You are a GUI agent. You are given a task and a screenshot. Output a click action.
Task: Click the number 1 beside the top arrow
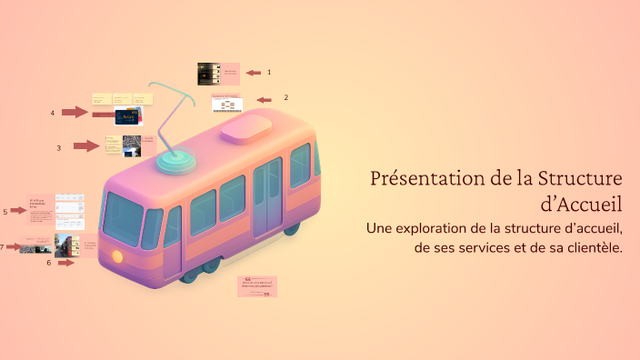point(269,72)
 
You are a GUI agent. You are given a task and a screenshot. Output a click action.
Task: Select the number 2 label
point(286,97)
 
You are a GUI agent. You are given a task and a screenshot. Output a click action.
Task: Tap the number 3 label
point(58,147)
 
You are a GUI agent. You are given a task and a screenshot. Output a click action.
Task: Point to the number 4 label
point(53,113)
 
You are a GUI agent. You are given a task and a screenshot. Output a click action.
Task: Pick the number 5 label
point(5,211)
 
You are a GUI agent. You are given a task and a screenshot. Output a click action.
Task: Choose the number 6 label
point(49,263)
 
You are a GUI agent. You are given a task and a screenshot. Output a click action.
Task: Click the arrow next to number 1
point(253,73)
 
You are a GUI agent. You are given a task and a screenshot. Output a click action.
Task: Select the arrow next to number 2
point(265,100)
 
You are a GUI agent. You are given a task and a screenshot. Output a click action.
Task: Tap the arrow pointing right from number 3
point(86,145)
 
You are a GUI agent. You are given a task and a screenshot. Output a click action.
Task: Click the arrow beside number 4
point(75,112)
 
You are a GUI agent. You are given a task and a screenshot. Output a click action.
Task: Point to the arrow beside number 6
point(66,262)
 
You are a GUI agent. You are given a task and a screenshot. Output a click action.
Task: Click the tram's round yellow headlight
point(117,256)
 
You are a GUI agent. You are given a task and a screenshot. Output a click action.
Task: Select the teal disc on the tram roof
point(176,160)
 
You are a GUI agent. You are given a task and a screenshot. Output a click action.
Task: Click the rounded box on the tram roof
point(246,128)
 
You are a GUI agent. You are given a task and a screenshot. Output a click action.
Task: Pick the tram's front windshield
point(123,219)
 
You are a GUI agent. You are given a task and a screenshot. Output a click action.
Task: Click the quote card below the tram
point(257,286)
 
